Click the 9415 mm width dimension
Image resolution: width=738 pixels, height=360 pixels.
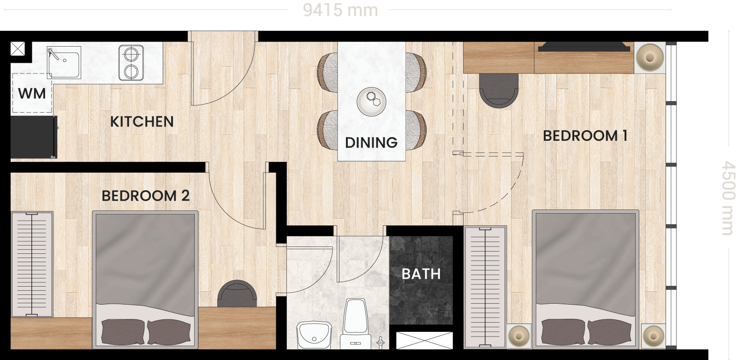(x=340, y=10)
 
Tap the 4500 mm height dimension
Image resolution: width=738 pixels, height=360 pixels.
(x=728, y=198)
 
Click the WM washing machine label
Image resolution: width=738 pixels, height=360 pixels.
(x=32, y=94)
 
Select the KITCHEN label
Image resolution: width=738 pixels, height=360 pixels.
(x=142, y=122)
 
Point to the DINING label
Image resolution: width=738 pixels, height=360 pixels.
(x=371, y=143)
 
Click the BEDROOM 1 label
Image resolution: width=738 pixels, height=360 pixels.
(x=585, y=136)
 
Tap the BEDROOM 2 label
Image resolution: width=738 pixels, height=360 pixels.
(x=146, y=196)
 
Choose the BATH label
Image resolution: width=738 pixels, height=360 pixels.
(x=421, y=274)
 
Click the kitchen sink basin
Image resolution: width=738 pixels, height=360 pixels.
(x=64, y=62)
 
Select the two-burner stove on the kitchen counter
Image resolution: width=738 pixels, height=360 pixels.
(x=131, y=63)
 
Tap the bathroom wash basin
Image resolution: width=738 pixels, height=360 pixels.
(x=314, y=335)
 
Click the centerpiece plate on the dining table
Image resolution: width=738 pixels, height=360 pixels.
(x=372, y=102)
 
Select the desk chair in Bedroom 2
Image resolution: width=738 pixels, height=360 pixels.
(x=237, y=294)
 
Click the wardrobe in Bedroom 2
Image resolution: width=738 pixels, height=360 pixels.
(x=32, y=264)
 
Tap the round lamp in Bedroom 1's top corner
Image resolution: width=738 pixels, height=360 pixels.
(x=650, y=58)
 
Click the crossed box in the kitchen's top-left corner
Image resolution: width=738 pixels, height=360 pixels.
(x=18, y=49)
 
